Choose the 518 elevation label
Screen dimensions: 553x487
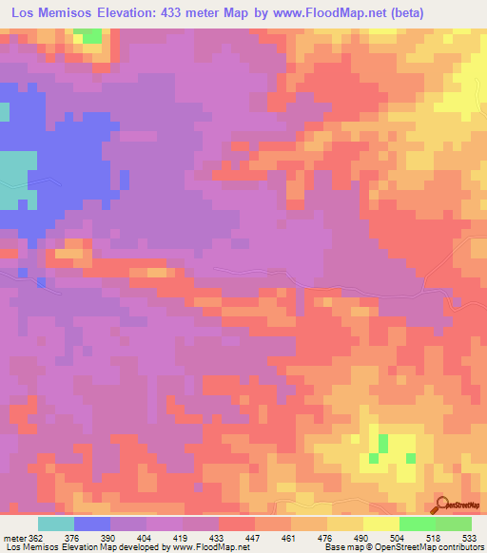pos(433,537)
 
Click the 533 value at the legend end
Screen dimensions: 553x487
pos(468,537)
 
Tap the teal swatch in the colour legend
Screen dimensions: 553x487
pos(56,524)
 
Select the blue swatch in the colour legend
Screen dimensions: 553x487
pos(92,524)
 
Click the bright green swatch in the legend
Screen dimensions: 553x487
pos(417,524)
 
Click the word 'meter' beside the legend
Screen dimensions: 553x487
pos(11,537)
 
